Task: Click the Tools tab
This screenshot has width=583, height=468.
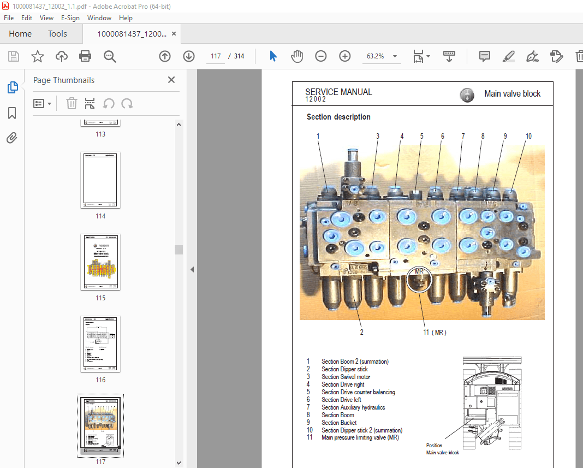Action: [x=57, y=34]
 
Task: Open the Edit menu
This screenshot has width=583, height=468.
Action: [x=26, y=18]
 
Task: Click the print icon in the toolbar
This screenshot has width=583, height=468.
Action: [x=85, y=56]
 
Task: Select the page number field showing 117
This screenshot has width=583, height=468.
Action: [x=215, y=56]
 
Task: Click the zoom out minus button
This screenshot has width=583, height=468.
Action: [x=321, y=56]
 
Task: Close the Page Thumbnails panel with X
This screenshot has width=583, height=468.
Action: [x=171, y=80]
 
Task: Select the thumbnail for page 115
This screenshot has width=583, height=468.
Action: [x=100, y=262]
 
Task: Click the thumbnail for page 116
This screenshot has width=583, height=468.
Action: [x=100, y=344]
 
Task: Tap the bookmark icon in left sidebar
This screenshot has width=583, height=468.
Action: [x=12, y=113]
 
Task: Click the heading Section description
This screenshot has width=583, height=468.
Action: [x=338, y=117]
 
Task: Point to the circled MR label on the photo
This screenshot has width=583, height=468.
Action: [x=419, y=271]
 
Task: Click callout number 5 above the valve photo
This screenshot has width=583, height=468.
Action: [x=421, y=136]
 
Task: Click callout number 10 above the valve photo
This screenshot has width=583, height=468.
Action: [x=528, y=136]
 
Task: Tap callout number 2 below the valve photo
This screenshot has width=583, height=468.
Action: [x=361, y=331]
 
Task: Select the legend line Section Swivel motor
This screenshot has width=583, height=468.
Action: [x=346, y=377]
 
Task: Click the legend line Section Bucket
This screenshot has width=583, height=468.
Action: [x=339, y=423]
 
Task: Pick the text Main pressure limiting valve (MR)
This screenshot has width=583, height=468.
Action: [x=360, y=438]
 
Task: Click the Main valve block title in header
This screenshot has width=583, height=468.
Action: [x=512, y=94]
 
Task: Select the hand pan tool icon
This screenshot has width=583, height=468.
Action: [x=297, y=56]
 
